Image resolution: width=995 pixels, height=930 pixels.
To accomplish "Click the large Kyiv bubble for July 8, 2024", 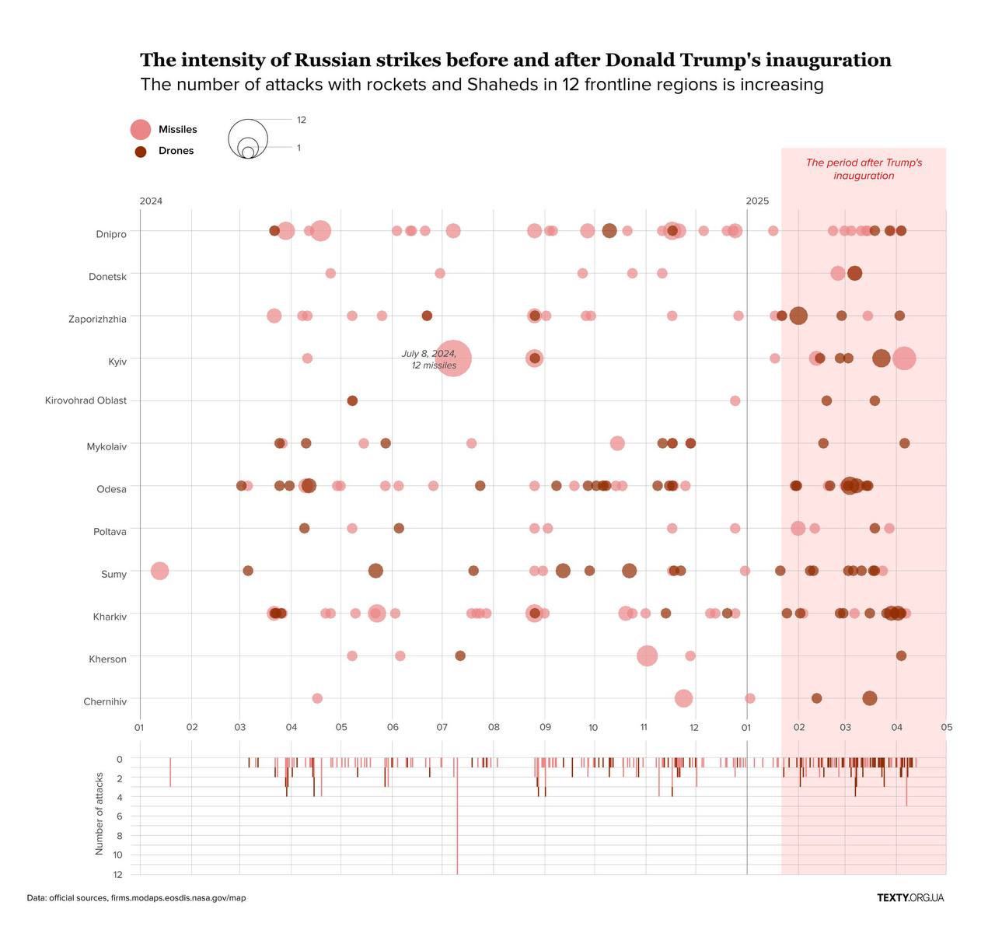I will click(453, 358).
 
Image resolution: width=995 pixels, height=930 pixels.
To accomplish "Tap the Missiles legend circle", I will click(140, 130).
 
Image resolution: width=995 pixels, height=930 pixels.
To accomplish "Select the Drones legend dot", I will click(140, 152).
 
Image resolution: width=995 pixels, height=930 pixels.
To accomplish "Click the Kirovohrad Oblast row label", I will click(86, 400).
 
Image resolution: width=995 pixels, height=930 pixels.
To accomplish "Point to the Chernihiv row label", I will click(105, 701).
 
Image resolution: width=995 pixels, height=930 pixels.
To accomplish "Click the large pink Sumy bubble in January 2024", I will click(159, 571).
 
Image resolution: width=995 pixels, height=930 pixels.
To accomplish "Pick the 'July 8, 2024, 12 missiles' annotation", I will click(429, 359).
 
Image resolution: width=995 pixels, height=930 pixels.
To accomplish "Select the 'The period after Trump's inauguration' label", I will click(864, 169).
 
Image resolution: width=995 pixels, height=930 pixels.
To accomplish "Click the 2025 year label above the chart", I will click(757, 201).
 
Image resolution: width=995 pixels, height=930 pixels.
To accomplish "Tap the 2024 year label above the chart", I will click(151, 201).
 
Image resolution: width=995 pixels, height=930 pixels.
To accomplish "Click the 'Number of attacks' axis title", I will click(99, 813).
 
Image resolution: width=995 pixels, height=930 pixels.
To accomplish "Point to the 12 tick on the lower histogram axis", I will click(117, 874).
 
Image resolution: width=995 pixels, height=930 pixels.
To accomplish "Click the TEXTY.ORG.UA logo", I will click(910, 897).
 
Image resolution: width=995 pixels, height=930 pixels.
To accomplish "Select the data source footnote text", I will click(136, 897).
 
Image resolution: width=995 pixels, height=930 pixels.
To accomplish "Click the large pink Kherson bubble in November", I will click(647, 656).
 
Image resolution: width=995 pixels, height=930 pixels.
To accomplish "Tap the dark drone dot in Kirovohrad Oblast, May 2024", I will click(352, 400).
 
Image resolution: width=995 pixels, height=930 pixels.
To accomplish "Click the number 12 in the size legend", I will click(302, 120).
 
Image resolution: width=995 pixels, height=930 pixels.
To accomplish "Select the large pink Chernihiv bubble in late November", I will click(683, 698).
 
